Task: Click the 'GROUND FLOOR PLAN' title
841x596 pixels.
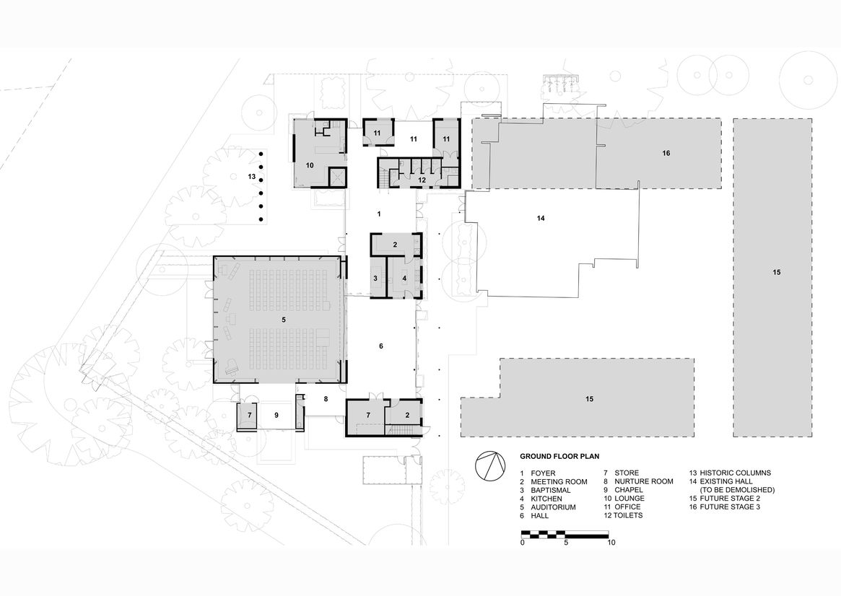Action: [x=559, y=457]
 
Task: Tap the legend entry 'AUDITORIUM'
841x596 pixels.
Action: [x=553, y=507]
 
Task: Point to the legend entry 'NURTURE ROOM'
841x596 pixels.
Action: [x=644, y=481]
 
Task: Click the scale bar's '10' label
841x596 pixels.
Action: [x=611, y=543]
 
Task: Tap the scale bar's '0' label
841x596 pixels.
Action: [x=523, y=543]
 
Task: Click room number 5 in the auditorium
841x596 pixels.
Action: [x=284, y=320]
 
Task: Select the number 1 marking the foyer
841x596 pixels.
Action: [x=379, y=214]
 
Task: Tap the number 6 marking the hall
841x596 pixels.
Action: [x=381, y=346]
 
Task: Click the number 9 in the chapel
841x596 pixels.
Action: [x=276, y=415]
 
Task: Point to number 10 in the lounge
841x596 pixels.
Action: [x=310, y=166]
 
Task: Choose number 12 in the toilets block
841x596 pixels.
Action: [x=422, y=180]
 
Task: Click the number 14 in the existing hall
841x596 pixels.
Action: [x=541, y=218]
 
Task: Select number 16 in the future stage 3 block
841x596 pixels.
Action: [x=666, y=153]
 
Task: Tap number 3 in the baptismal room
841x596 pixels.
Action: [x=375, y=279]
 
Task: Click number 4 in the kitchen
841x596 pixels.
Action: [x=404, y=279]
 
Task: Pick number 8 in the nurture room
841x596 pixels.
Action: [x=326, y=399]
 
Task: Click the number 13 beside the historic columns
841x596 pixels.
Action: [x=251, y=176]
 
